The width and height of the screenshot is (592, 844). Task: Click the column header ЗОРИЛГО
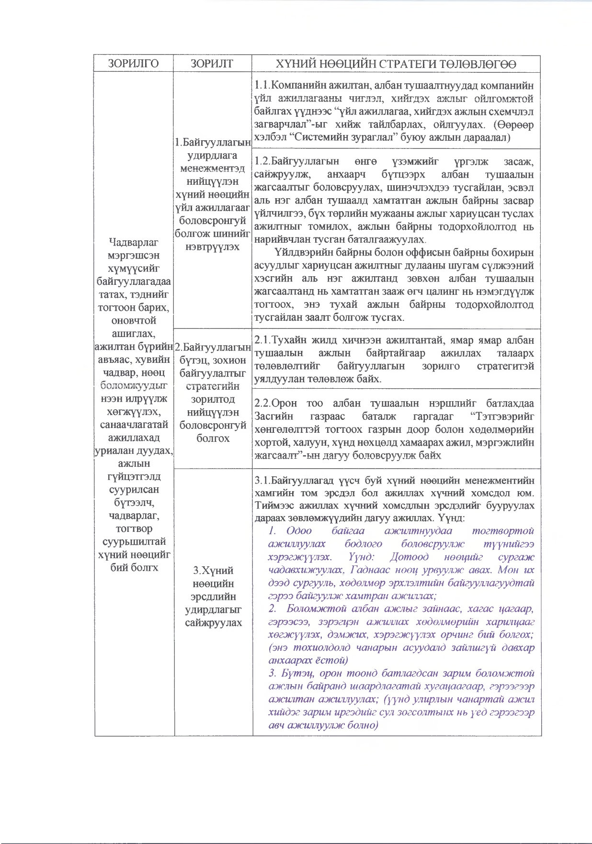point(133,64)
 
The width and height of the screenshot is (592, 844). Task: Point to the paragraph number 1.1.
point(262,86)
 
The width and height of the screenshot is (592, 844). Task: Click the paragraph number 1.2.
point(262,161)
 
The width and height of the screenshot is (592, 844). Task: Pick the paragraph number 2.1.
point(262,340)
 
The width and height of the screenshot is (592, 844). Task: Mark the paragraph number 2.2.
point(262,404)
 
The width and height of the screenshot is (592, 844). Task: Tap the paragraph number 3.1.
point(262,480)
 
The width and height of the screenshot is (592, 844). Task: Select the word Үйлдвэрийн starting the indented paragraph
point(302,253)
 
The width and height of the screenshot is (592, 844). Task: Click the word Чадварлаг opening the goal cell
point(134,243)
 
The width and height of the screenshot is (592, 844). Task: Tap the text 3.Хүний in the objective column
point(213,570)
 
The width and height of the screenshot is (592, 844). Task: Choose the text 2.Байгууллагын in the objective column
point(213,347)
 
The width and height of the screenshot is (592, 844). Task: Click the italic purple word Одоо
point(299,531)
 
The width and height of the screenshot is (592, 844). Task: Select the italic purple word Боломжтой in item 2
point(316,609)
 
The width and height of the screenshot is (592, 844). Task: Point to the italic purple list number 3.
point(272,674)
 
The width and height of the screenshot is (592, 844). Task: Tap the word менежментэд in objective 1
point(213,169)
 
